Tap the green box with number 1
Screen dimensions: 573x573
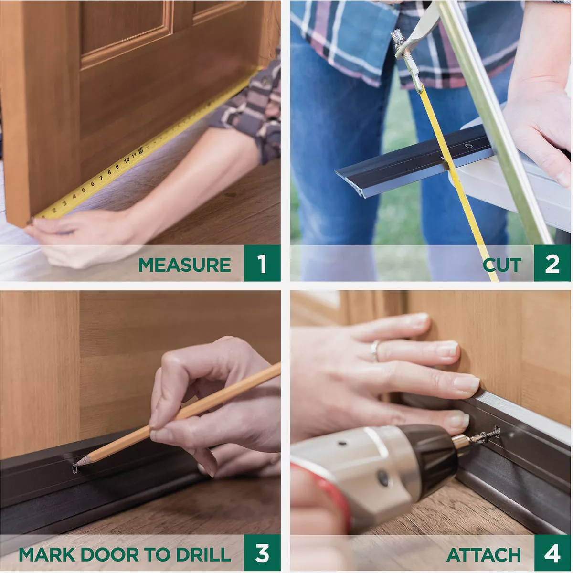point(262,264)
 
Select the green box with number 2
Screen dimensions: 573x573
point(552,264)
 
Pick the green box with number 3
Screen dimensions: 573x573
point(262,553)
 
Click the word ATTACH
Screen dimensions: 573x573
point(483,555)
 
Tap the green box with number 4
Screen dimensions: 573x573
point(552,553)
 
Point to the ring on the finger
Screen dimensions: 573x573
point(375,350)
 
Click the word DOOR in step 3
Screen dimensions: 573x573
point(110,555)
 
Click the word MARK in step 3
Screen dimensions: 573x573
point(47,555)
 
